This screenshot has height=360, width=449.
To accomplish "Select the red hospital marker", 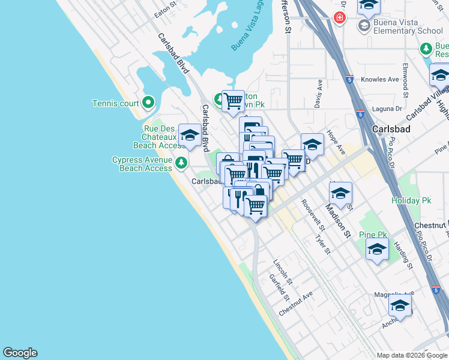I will pyautogui.click(x=340, y=18).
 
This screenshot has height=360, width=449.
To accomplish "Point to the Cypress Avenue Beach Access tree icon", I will pyautogui.click(x=180, y=162).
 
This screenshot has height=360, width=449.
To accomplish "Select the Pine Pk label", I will pyautogui.click(x=373, y=234).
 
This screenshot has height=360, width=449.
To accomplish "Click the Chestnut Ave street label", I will pyautogui.click(x=296, y=304).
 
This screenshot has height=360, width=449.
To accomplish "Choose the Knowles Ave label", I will pyautogui.click(x=380, y=79).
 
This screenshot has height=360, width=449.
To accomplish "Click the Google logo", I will pyautogui.click(x=20, y=353).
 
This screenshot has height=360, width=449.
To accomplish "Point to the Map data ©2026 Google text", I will pyautogui.click(x=411, y=355).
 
